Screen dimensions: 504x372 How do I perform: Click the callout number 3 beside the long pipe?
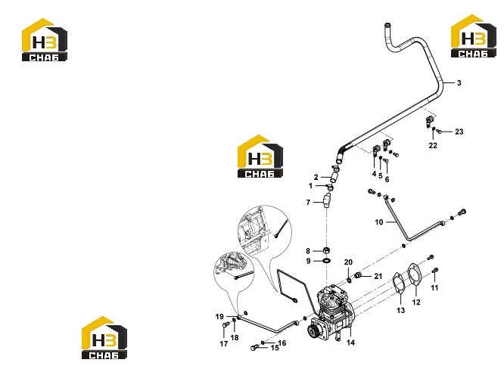click(459, 83)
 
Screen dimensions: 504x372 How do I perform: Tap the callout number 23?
click(459, 132)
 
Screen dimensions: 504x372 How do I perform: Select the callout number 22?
click(433, 145)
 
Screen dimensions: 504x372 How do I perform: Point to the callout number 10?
click(379, 222)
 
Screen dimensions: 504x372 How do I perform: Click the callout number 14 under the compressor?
click(350, 343)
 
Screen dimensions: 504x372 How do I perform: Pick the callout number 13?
click(401, 310)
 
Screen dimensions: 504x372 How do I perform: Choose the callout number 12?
click(416, 302)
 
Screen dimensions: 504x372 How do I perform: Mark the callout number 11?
click(434, 287)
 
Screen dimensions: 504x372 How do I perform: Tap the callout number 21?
click(378, 276)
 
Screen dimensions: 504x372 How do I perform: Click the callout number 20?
click(348, 262)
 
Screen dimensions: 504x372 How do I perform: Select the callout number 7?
click(308, 203)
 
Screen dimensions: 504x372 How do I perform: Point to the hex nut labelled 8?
click(326, 250)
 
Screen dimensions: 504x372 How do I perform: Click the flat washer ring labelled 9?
click(326, 260)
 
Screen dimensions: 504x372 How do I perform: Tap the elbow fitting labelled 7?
click(327, 201)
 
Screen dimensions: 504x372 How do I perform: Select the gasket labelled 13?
click(399, 283)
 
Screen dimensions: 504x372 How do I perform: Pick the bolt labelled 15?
click(254, 348)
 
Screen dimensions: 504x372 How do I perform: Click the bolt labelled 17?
click(225, 325)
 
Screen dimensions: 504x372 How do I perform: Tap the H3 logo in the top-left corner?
click(45, 39)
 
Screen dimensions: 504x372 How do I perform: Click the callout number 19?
click(219, 317)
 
